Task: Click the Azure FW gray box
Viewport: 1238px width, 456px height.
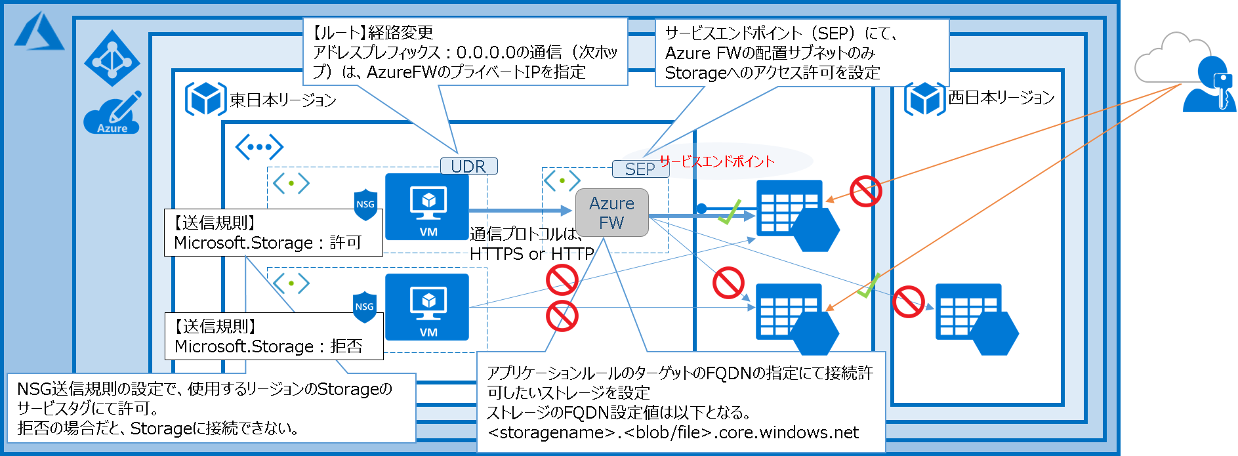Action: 611,213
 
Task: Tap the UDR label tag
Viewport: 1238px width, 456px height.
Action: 468,166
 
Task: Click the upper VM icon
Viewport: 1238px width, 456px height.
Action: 427,207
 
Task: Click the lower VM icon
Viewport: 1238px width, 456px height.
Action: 427,307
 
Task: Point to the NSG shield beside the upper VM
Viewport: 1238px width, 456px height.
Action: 365,205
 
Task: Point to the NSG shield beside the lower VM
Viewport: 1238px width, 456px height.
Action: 365,307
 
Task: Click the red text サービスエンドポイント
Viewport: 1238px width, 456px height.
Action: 716,161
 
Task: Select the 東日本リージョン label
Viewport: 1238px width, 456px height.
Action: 283,100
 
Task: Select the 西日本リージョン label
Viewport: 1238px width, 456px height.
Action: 1001,98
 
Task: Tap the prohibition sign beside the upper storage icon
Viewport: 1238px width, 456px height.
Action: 865,192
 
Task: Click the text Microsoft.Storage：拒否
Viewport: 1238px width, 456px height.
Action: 268,346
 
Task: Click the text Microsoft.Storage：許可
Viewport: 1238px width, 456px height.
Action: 268,243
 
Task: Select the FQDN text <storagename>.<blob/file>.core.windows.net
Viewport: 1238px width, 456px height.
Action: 673,432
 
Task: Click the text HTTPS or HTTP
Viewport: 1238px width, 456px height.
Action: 531,254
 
